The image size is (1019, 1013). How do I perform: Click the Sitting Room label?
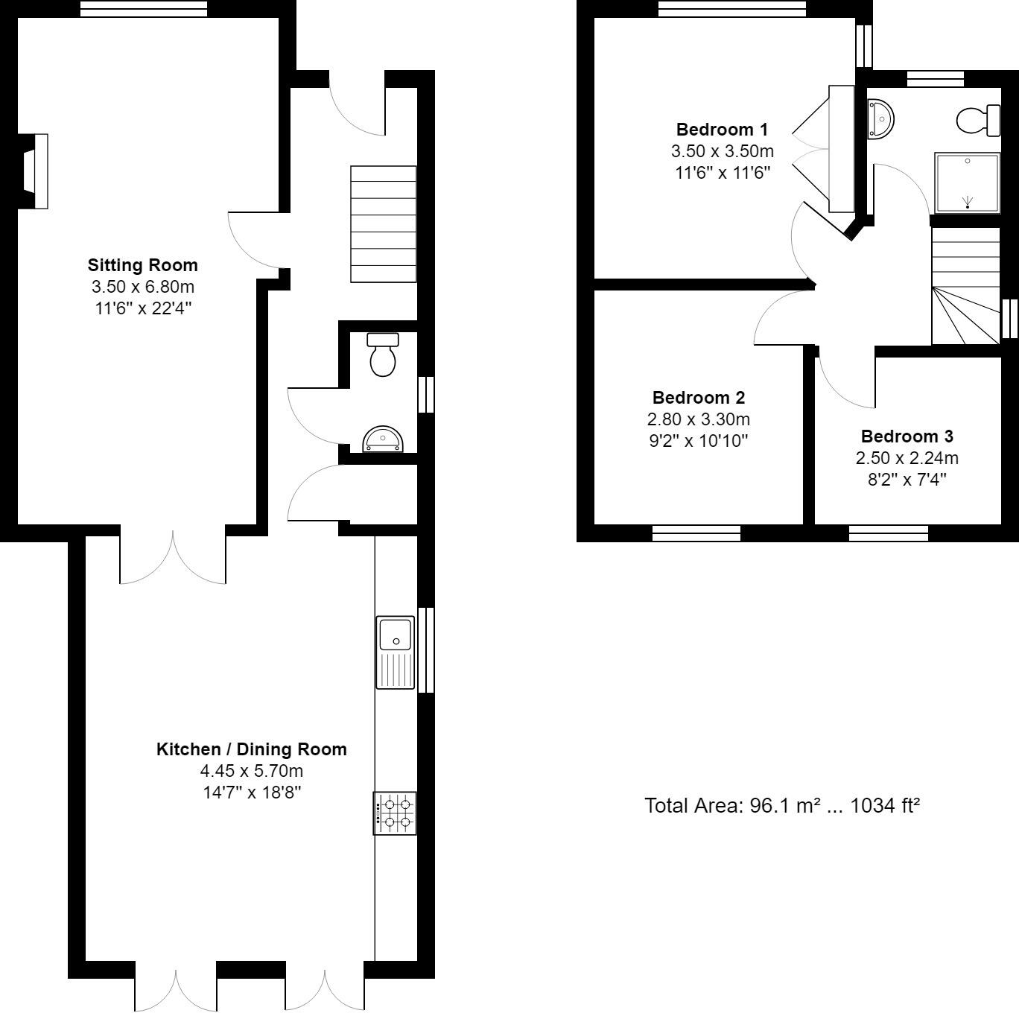click(143, 265)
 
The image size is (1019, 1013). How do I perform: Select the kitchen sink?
click(396, 652)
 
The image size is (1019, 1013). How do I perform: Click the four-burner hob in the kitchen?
click(396, 813)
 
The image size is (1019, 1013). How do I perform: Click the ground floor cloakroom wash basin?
click(382, 439)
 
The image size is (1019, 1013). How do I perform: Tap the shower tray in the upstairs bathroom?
click(967, 182)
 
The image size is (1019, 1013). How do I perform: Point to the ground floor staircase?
click(383, 223)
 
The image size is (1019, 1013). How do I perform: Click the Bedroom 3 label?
click(907, 436)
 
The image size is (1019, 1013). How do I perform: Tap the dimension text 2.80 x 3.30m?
click(698, 419)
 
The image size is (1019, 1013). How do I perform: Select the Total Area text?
click(781, 805)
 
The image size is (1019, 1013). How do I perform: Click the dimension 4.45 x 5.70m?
click(252, 771)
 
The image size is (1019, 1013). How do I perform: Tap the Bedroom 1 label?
click(722, 130)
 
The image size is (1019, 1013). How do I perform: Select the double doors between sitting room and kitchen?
click(173, 557)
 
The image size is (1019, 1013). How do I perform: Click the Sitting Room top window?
click(143, 9)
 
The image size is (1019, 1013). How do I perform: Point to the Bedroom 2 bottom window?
click(696, 533)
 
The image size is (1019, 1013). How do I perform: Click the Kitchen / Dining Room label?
click(252, 749)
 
